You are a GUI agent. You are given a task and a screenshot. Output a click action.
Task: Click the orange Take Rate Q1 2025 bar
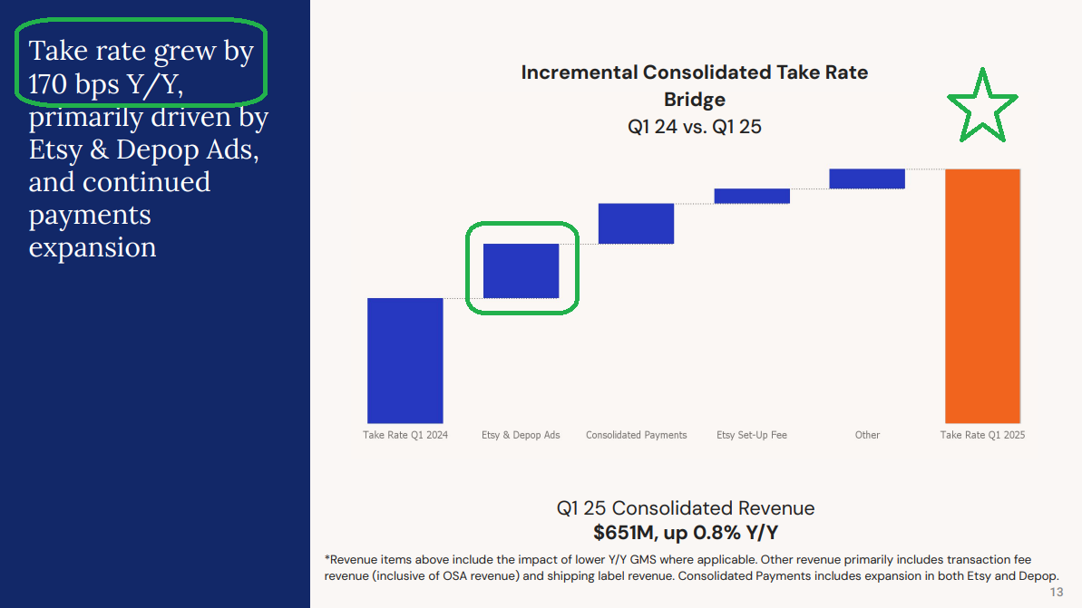pos(982,295)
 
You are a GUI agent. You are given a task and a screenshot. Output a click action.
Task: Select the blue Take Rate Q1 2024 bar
pos(405,361)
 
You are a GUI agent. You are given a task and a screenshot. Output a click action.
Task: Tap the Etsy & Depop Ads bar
pos(521,271)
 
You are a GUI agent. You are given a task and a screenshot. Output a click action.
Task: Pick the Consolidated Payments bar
pos(636,223)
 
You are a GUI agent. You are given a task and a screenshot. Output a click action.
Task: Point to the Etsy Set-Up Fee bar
pos(752,196)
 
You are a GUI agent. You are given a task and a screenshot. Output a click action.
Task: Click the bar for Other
pos(867,179)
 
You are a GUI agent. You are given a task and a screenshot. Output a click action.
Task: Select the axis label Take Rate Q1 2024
pos(405,435)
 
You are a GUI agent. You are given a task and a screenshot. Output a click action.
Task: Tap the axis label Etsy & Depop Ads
pos(521,435)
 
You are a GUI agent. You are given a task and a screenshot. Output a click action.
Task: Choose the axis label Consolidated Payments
pos(636,435)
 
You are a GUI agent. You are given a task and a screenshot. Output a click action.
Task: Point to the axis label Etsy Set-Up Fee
pos(752,435)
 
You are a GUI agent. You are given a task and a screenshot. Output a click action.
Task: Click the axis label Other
pos(867,435)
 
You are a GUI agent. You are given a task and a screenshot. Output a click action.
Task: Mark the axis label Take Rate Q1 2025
pos(982,435)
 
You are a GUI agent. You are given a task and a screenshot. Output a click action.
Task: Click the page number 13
pos(1057,593)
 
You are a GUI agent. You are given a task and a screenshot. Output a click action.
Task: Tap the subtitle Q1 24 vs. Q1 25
pos(694,127)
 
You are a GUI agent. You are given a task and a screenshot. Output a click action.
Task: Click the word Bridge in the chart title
pos(694,100)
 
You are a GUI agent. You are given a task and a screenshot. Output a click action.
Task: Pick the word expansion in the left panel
pos(93,247)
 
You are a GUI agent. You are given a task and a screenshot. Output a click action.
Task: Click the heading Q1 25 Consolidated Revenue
pos(686,508)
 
